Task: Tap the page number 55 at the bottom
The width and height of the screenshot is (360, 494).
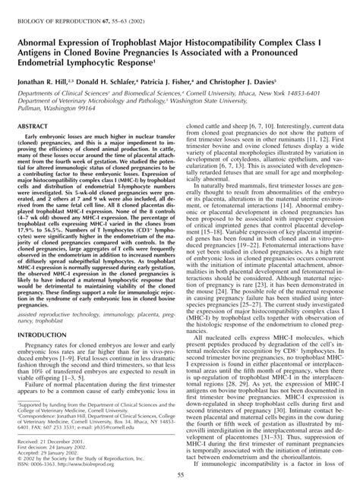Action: [179, 475]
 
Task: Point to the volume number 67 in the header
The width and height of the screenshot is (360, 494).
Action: [99, 6]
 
